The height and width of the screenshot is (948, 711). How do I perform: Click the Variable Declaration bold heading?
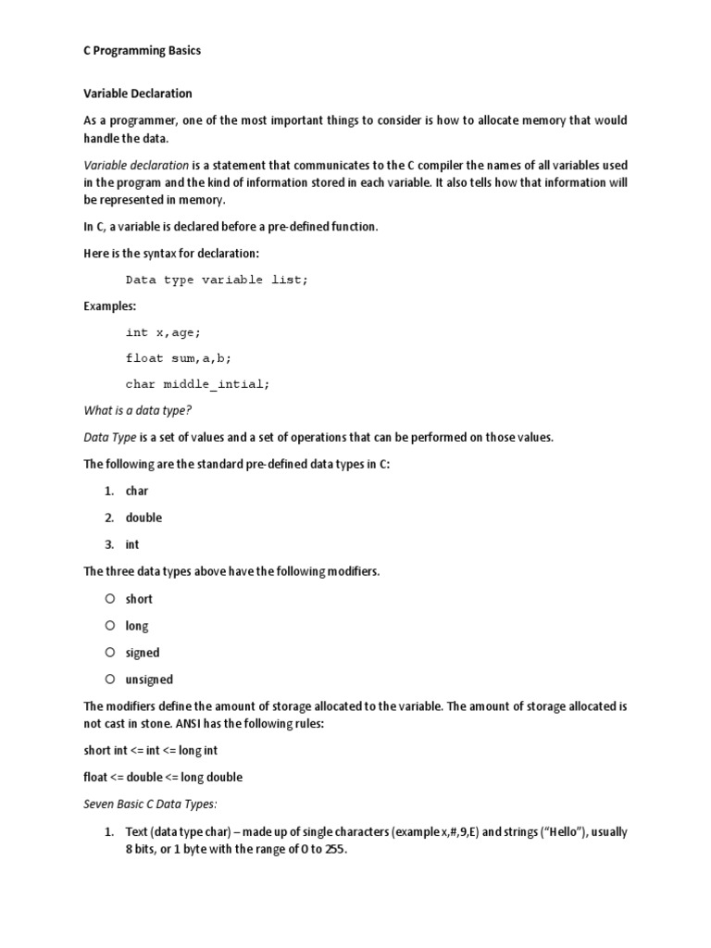click(x=138, y=94)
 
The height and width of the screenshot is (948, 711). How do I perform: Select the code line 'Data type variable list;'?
click(x=216, y=280)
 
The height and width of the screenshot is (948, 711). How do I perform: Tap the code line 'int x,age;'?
click(x=163, y=331)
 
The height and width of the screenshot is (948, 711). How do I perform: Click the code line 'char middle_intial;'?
click(x=197, y=383)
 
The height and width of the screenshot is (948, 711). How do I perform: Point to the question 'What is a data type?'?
click(x=137, y=410)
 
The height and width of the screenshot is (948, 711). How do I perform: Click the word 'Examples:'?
click(x=109, y=306)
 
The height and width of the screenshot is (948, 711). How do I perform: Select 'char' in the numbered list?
click(x=137, y=491)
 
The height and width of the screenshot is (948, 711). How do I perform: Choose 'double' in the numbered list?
click(x=143, y=518)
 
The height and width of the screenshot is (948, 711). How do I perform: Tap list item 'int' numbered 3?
click(x=132, y=544)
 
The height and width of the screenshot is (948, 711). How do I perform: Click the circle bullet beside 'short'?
click(x=109, y=599)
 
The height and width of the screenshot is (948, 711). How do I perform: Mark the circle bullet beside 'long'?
click(x=109, y=626)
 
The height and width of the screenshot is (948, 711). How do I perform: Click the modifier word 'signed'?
click(x=143, y=653)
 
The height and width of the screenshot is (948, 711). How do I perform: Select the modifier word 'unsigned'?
click(x=149, y=680)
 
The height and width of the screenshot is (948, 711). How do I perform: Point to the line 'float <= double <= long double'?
click(x=163, y=777)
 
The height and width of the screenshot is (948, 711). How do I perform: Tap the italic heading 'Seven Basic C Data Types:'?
click(x=150, y=804)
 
